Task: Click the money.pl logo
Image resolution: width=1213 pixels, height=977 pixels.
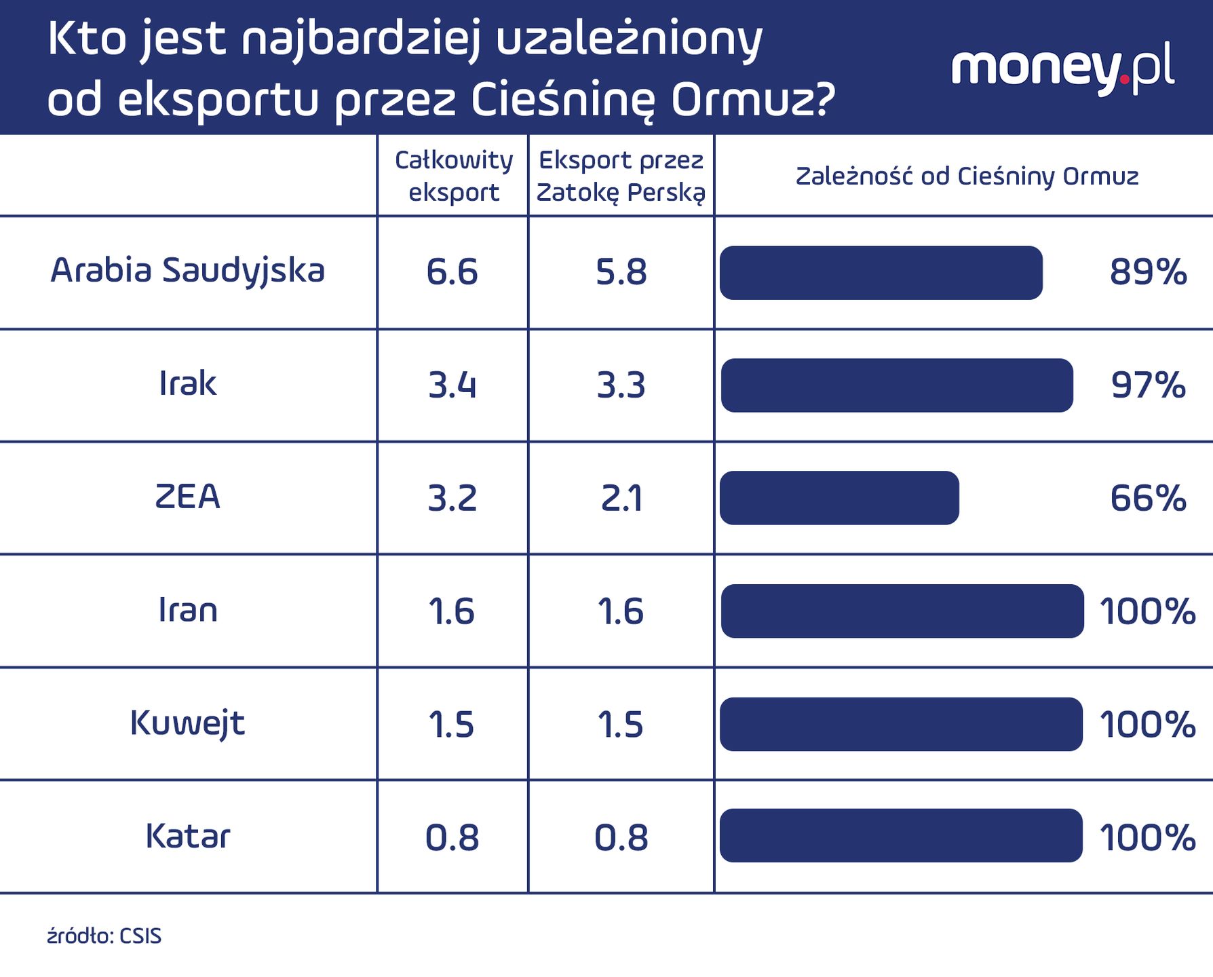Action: pyautogui.click(x=1062, y=69)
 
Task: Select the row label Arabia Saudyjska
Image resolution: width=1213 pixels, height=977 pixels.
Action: pyautogui.click(x=188, y=271)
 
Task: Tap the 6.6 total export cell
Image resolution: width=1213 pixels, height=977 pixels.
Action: pyautogui.click(x=452, y=272)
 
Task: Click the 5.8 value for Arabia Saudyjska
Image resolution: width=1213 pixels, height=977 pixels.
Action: pyautogui.click(x=621, y=272)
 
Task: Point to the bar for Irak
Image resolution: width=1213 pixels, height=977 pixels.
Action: pyautogui.click(x=896, y=385)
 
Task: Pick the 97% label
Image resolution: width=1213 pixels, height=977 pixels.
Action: pyautogui.click(x=1148, y=385)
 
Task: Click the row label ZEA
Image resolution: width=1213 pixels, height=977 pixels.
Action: pyautogui.click(x=188, y=497)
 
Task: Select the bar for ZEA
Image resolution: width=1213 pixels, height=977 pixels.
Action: pyautogui.click(x=839, y=498)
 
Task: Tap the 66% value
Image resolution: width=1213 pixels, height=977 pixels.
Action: pyautogui.click(x=1148, y=498)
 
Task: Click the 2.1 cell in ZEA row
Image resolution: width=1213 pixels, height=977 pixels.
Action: pyautogui.click(x=621, y=499)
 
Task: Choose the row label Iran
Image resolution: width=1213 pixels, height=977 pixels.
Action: pyautogui.click(x=188, y=610)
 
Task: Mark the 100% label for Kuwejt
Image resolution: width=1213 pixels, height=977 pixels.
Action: pyautogui.click(x=1147, y=724)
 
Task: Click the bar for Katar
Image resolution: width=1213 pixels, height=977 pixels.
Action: pyautogui.click(x=901, y=836)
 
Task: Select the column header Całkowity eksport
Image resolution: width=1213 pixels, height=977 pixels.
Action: pyautogui.click(x=453, y=176)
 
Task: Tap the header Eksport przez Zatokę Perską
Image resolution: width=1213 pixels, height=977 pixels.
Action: pyautogui.click(x=621, y=176)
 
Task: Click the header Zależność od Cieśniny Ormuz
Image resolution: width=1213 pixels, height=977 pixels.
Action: pyautogui.click(x=966, y=176)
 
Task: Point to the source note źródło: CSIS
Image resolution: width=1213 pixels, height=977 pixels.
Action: pyautogui.click(x=104, y=936)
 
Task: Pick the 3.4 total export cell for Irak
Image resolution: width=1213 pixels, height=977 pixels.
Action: pyautogui.click(x=452, y=385)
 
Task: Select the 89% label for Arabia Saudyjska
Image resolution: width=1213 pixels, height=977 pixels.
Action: pyautogui.click(x=1148, y=272)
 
